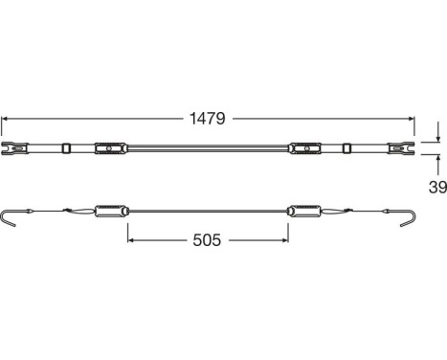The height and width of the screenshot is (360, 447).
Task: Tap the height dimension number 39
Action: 436,188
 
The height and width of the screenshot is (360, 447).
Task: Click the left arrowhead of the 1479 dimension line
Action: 6,119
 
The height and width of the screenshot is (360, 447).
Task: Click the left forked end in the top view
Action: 13,149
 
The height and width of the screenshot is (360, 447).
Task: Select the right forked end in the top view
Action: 399,149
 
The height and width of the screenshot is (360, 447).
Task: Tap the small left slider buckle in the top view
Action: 65,149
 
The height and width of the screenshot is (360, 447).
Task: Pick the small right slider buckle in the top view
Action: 347,149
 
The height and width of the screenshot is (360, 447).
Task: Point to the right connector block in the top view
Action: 302,149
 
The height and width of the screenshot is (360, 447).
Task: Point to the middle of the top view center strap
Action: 206,149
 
